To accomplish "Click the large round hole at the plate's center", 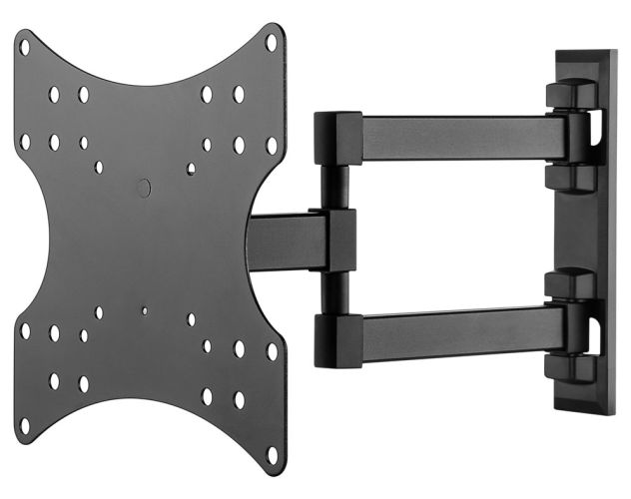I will (143, 187).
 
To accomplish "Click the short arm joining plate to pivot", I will (285, 241).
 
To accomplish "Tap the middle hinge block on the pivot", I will (338, 240).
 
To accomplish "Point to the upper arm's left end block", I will (337, 139).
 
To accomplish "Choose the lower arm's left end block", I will (337, 339).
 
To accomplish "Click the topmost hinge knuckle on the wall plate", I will (571, 94).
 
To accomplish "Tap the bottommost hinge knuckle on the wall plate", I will (571, 367).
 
